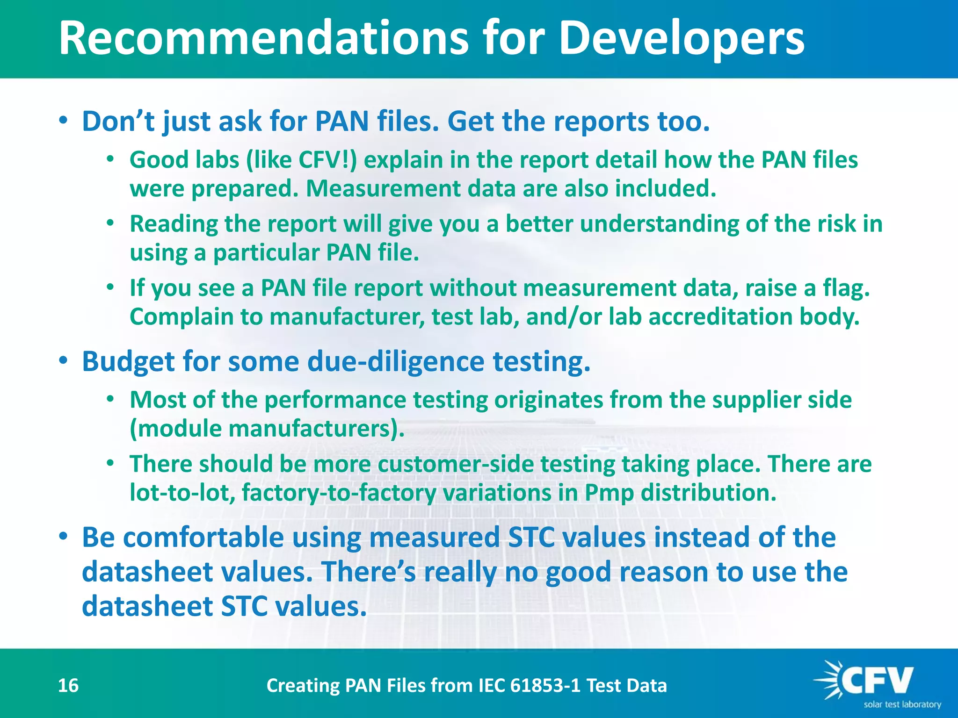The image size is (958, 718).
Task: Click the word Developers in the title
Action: coord(681,38)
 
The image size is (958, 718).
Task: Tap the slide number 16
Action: coord(68,685)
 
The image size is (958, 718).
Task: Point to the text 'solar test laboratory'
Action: coord(902,704)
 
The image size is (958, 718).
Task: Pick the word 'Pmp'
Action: coord(609,493)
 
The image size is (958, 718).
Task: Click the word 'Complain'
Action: coord(181,317)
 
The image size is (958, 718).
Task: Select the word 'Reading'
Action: coord(174,224)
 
